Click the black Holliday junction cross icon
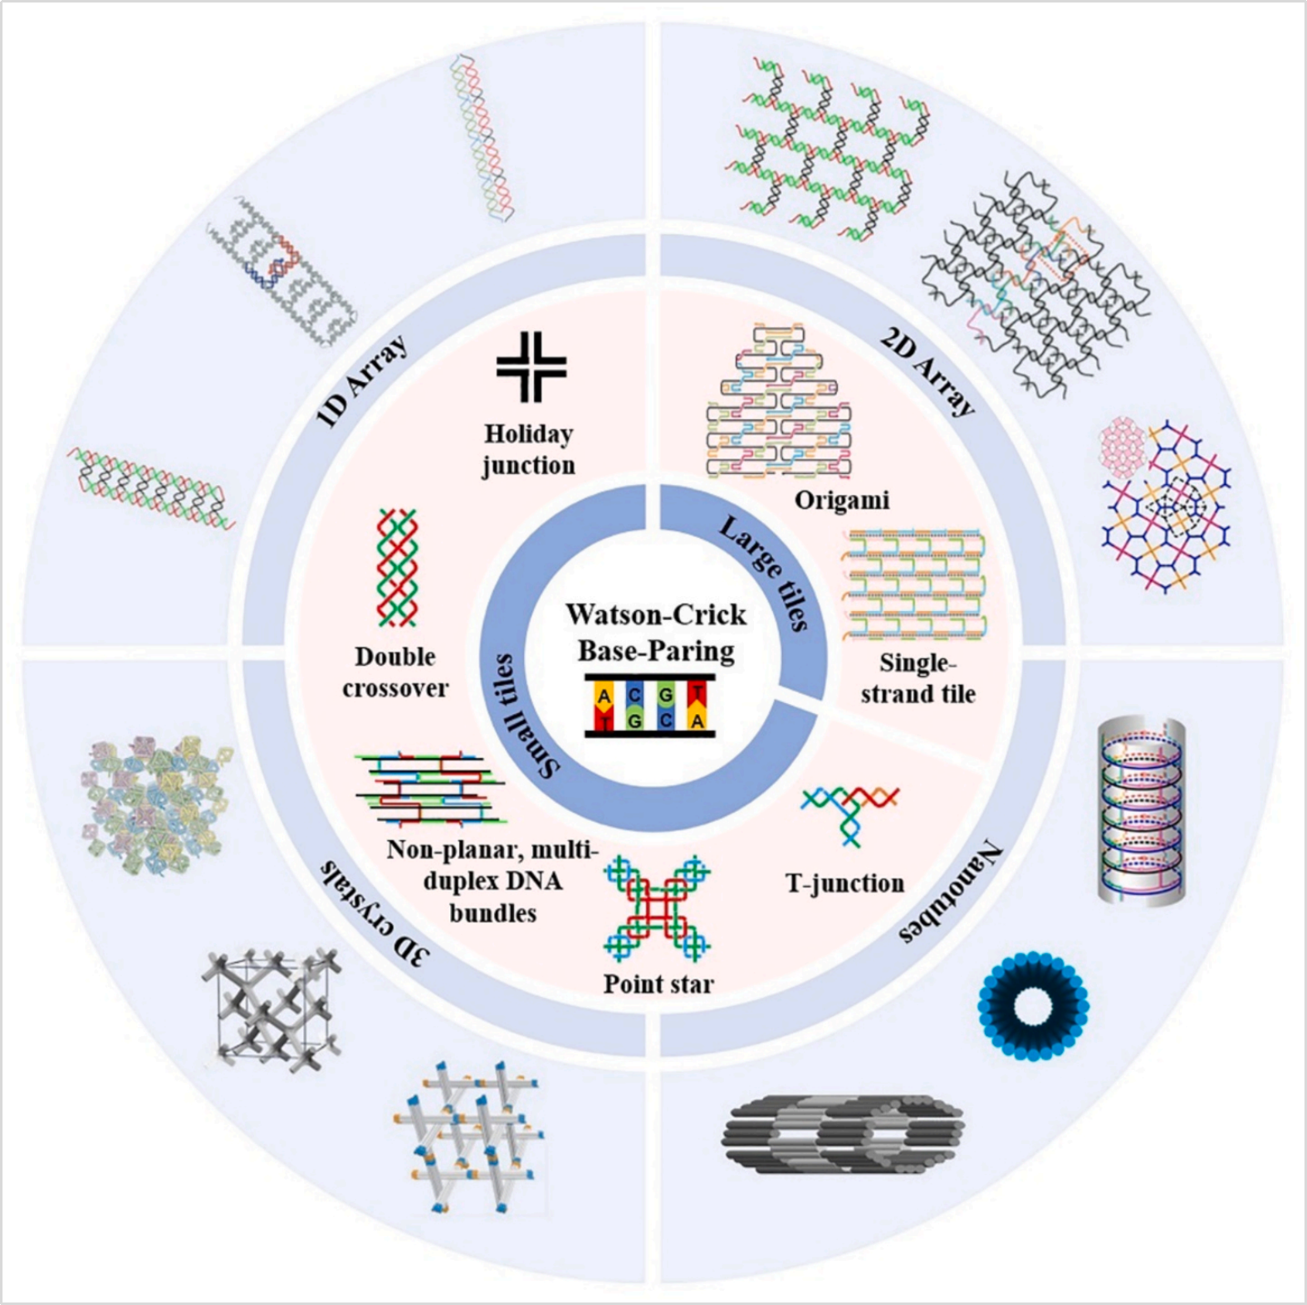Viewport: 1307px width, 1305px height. click(x=531, y=366)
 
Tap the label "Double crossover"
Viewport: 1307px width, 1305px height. click(x=395, y=672)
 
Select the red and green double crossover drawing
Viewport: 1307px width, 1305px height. click(x=397, y=568)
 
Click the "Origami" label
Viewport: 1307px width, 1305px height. click(x=841, y=501)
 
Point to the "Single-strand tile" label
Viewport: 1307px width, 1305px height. click(x=918, y=678)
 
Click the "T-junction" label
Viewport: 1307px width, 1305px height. click(x=844, y=883)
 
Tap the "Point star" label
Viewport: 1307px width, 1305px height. click(x=658, y=985)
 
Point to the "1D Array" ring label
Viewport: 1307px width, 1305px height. click(x=363, y=382)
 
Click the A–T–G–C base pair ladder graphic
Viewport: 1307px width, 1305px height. click(x=650, y=706)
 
